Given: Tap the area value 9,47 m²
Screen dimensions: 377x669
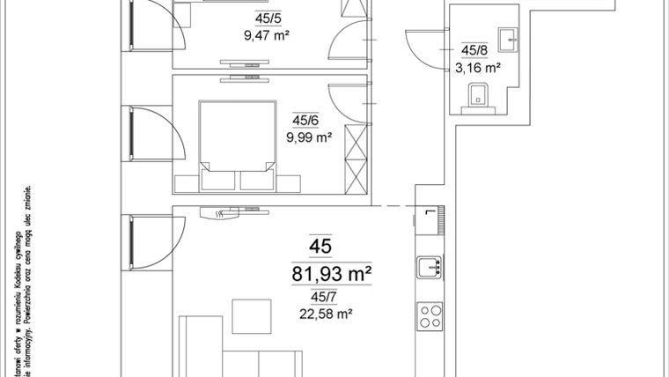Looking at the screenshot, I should pos(268,37).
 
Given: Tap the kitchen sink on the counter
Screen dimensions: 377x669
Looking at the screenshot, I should pos(430,267).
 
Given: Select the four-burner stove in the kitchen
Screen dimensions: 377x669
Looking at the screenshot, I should pos(430,316).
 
